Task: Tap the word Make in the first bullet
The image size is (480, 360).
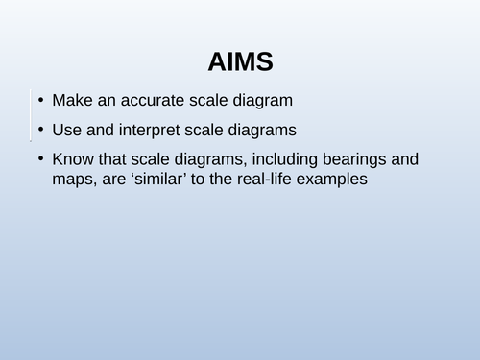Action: [72, 101]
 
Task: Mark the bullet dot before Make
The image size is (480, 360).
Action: [39, 101]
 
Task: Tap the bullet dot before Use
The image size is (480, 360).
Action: [39, 130]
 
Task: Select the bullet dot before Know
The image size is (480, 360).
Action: [39, 158]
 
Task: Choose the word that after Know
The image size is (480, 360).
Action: [112, 158]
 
